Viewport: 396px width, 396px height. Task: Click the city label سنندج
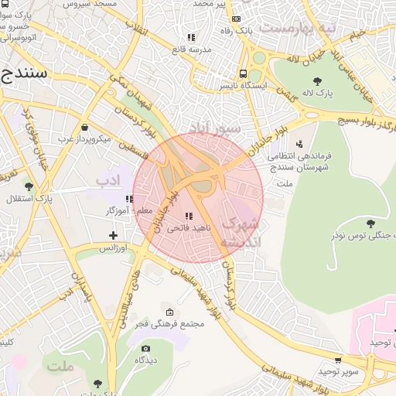[23, 73]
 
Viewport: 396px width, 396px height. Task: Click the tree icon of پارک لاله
[318, 80]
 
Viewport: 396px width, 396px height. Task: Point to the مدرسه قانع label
[191, 49]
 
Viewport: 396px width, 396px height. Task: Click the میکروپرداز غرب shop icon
[84, 128]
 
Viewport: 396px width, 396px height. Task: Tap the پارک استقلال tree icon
[29, 186]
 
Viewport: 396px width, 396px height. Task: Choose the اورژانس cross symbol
[114, 235]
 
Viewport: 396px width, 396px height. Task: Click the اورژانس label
[113, 247]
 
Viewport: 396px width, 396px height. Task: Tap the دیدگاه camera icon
[145, 348]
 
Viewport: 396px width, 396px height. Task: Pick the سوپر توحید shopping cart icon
[338, 360]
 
